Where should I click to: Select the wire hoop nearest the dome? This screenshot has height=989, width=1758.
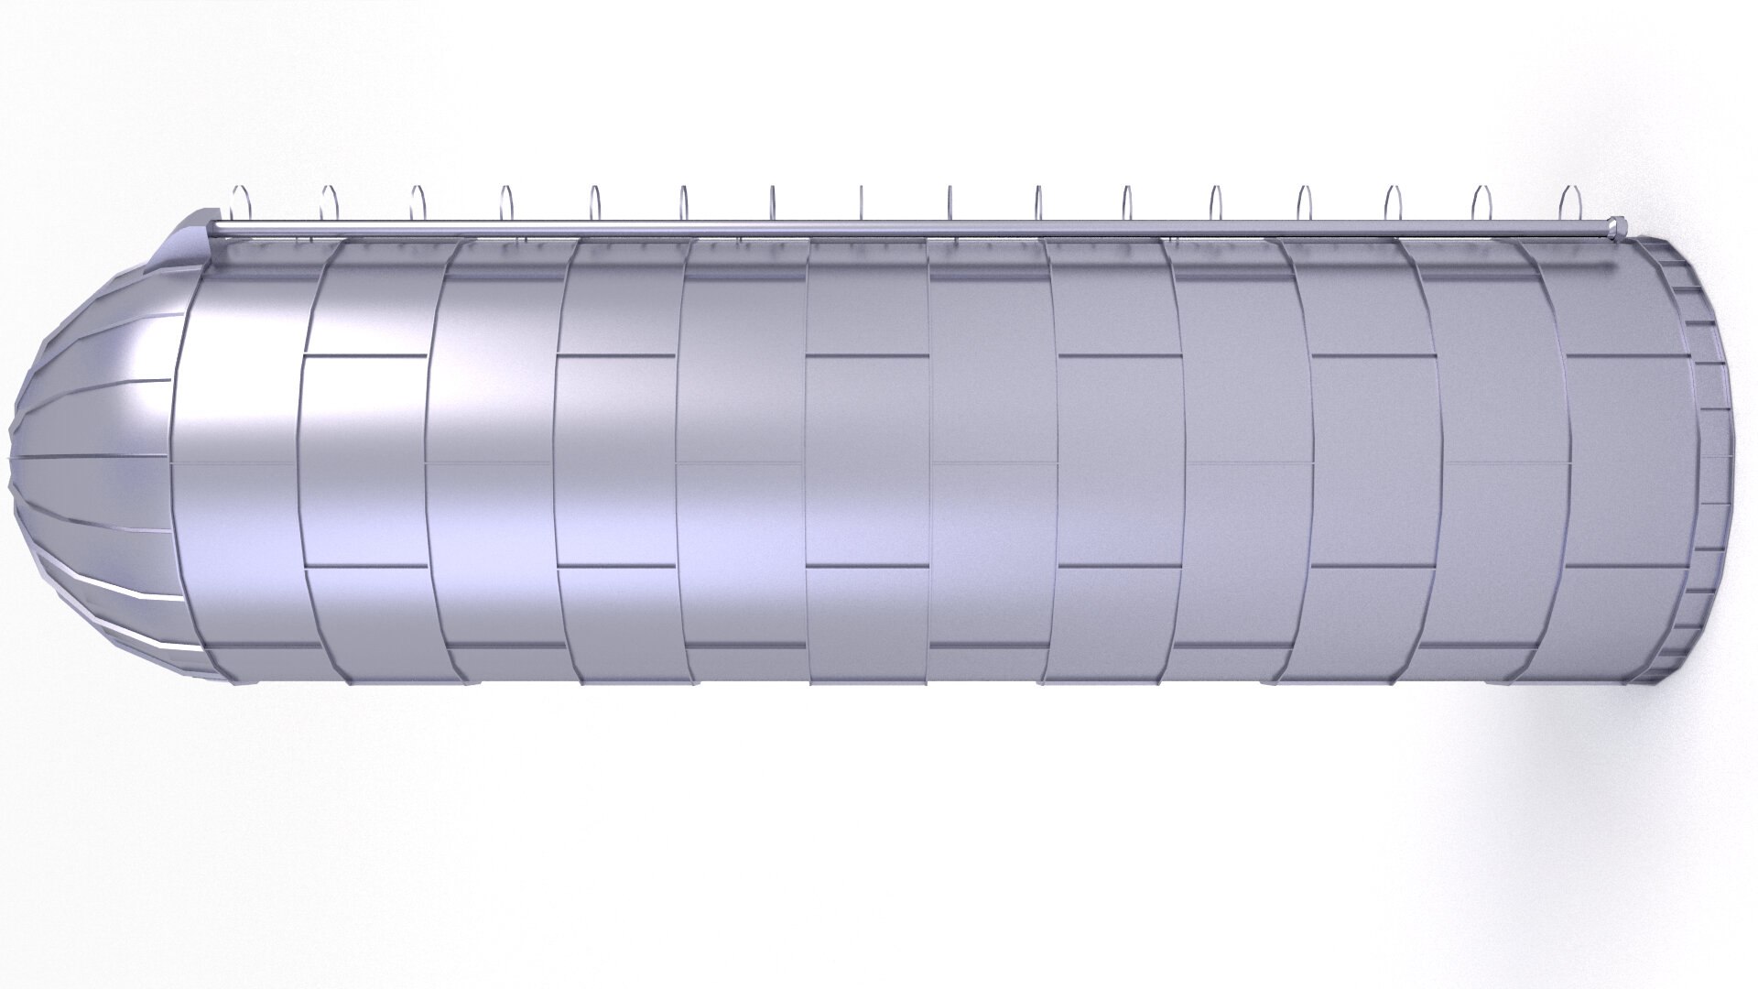240,202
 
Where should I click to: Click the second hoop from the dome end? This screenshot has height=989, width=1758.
329,202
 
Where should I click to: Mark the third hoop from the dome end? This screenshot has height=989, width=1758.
418,202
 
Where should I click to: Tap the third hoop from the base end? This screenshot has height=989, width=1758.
1394,202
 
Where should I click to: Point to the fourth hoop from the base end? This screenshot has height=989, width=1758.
1305,202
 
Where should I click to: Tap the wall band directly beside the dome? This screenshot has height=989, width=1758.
243,458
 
